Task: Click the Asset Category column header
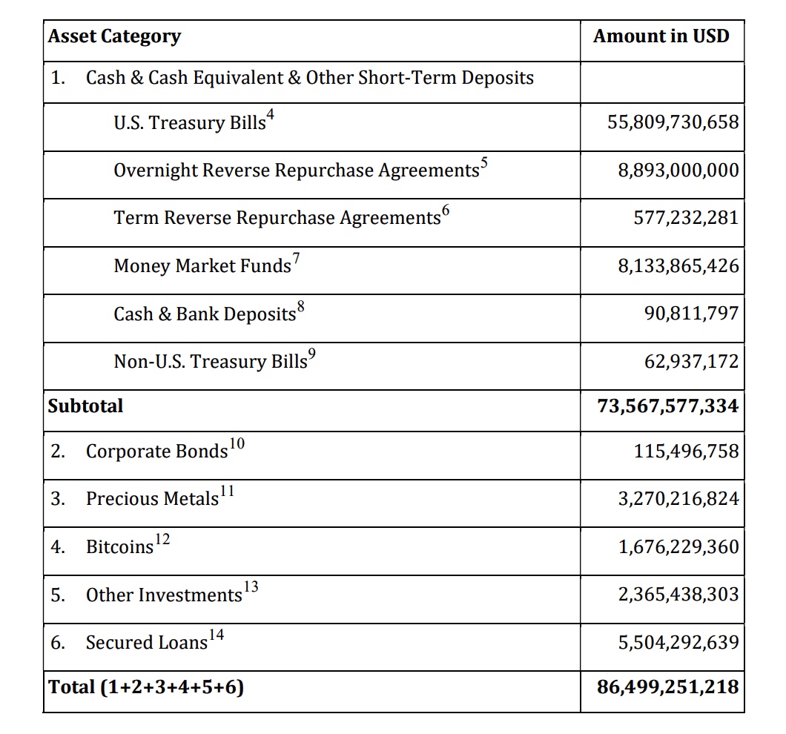pyautogui.click(x=114, y=36)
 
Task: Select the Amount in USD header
pyautogui.click(x=661, y=36)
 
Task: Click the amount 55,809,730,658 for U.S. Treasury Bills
pyautogui.click(x=673, y=122)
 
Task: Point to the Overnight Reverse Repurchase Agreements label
pyautogui.click(x=296, y=171)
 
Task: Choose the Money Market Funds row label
pyautogui.click(x=202, y=266)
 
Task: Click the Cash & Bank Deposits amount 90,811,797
pyautogui.click(x=691, y=314)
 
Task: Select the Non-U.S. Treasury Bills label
pyautogui.click(x=210, y=361)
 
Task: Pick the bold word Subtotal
pyautogui.click(x=85, y=406)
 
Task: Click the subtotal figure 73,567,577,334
pyautogui.click(x=667, y=406)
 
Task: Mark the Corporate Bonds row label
pyautogui.click(x=156, y=452)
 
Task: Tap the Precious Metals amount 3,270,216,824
pyautogui.click(x=678, y=499)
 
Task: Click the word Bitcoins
pyautogui.click(x=119, y=547)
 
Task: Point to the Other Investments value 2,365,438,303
pyautogui.click(x=678, y=595)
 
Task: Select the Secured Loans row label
pyautogui.click(x=146, y=642)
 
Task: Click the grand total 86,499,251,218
pyautogui.click(x=667, y=687)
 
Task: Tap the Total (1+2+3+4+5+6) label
pyautogui.click(x=146, y=687)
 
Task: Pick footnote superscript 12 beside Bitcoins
pyautogui.click(x=162, y=539)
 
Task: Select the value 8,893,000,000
pyautogui.click(x=678, y=171)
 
